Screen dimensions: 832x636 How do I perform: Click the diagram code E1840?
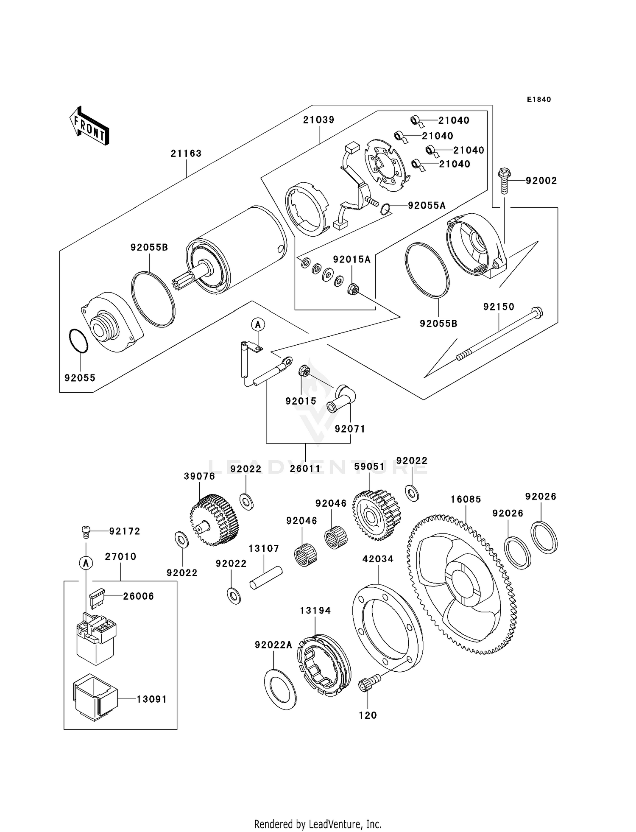click(x=539, y=100)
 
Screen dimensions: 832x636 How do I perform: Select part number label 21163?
click(x=186, y=154)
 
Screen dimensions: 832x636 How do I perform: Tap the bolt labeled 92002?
click(x=504, y=181)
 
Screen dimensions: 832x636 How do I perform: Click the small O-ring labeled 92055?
click(x=78, y=341)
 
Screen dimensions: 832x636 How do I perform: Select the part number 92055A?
click(x=427, y=206)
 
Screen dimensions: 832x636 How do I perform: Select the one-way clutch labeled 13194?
click(x=324, y=665)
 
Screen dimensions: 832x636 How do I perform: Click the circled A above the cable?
click(x=258, y=325)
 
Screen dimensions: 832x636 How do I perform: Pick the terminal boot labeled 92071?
click(x=342, y=399)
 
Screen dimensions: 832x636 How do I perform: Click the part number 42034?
click(x=378, y=559)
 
